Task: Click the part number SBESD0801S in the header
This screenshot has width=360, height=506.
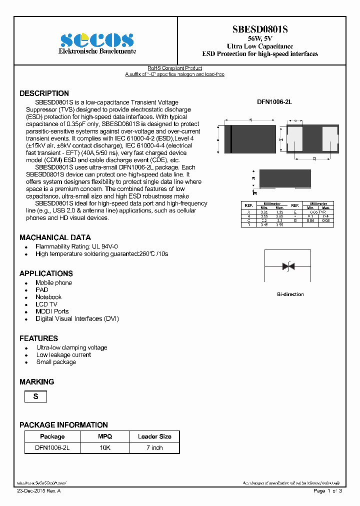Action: point(259,29)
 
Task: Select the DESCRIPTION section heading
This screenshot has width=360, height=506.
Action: point(44,93)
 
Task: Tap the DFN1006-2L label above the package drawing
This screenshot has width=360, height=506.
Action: point(274,102)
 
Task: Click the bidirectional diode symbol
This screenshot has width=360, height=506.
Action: point(288,266)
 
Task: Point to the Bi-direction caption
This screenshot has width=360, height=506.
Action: point(290,294)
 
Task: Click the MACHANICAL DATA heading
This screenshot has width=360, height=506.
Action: point(55,237)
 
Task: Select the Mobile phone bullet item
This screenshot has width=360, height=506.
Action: point(53,283)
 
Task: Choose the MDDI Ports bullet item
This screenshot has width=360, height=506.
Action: point(52,311)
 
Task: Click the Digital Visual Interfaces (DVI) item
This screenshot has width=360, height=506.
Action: point(77,318)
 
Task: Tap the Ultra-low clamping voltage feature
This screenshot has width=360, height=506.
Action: point(71,347)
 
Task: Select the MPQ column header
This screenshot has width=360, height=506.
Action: point(105,436)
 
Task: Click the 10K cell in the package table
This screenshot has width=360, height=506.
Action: point(105,448)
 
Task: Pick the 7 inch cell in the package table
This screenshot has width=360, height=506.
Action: point(154,448)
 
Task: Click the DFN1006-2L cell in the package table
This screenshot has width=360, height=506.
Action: point(52,448)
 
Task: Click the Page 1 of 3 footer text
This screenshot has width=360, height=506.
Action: point(327,491)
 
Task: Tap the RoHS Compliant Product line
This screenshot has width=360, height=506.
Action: point(174,68)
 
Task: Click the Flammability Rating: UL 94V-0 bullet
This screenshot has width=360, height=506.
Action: point(76,247)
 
